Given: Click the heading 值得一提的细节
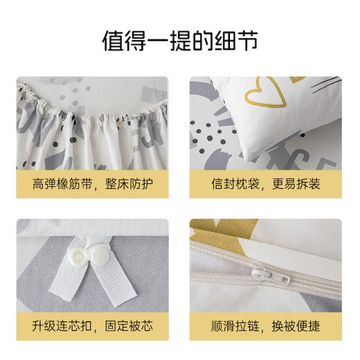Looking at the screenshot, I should tap(179, 39).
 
